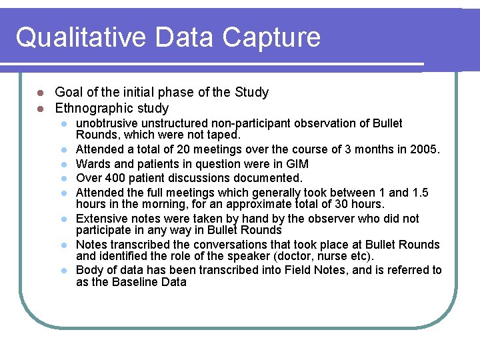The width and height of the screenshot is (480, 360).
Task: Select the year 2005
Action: coord(425,149)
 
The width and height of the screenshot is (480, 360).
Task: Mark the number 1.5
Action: coord(419,193)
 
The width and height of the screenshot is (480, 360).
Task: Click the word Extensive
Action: coord(101,219)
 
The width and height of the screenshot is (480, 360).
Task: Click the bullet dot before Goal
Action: coord(40,93)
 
